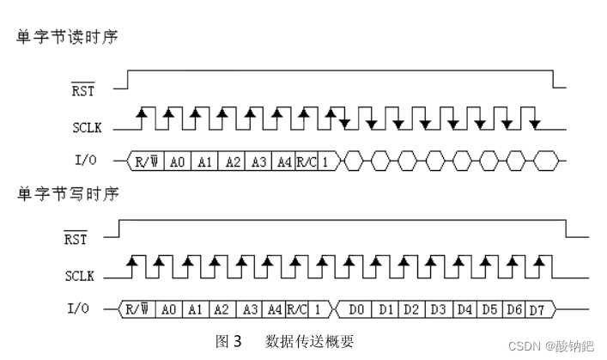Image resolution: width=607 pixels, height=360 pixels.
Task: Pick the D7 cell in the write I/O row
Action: click(536, 308)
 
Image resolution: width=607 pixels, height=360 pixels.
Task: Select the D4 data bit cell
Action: click(464, 308)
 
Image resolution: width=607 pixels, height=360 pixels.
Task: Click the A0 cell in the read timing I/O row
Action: click(177, 160)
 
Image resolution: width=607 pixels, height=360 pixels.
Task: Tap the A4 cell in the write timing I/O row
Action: click(274, 308)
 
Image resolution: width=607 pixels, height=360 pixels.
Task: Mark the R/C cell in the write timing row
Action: click(297, 308)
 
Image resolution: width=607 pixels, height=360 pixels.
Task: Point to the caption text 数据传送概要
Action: click(309, 341)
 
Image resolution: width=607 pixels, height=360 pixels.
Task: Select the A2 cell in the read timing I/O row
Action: click(233, 160)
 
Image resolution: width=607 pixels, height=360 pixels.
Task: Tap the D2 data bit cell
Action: click(412, 308)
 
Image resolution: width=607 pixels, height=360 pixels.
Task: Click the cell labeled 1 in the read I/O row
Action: click(327, 160)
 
